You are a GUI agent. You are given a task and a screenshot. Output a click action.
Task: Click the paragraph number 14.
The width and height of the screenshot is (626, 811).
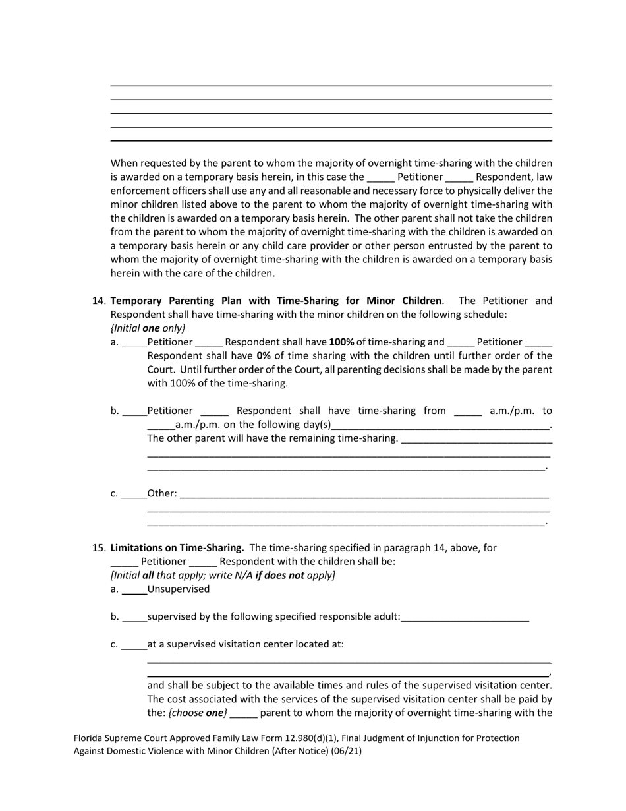tap(99, 301)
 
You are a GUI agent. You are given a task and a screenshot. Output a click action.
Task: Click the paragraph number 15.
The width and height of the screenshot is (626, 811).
tap(99, 548)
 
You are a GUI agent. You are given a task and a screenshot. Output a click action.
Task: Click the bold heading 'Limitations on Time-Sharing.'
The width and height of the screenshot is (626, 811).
tap(177, 548)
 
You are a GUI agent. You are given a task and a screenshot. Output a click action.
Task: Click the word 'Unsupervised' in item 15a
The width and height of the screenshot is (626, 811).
tap(179, 589)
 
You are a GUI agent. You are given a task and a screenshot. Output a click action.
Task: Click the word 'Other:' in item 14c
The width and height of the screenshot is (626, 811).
tap(162, 493)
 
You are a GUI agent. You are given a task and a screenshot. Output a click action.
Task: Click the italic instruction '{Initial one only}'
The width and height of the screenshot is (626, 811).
tap(148, 328)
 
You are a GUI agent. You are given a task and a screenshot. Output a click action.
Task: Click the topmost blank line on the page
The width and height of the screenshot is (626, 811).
tap(331, 85)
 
